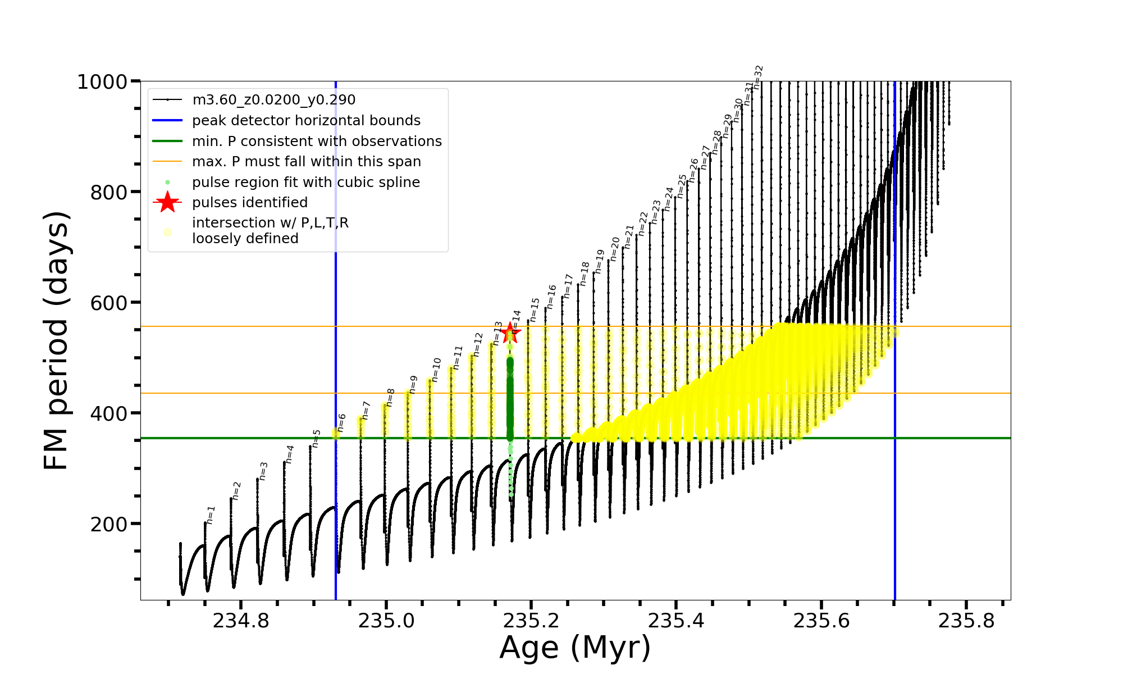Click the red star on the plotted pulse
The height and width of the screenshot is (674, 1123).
click(510, 333)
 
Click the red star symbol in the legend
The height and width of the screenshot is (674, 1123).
click(167, 202)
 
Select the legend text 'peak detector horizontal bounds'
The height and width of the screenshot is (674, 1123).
click(306, 121)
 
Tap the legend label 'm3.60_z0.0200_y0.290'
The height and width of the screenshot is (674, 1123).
click(273, 100)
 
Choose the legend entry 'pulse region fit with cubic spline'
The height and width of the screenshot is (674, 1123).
click(306, 183)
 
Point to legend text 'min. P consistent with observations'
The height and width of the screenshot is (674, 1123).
click(317, 142)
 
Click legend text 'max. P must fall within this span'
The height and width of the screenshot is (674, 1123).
click(306, 162)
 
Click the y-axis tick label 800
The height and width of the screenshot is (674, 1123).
click(109, 192)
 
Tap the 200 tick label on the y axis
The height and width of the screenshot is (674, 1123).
click(109, 524)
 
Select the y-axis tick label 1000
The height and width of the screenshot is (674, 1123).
click(103, 82)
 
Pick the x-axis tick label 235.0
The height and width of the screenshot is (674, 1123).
click(386, 621)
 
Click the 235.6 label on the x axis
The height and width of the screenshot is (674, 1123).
click(821, 621)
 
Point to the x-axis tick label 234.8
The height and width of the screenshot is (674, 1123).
click(241, 621)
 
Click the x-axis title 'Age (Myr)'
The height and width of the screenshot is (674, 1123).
click(575, 648)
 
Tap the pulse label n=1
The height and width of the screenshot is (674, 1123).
click(211, 514)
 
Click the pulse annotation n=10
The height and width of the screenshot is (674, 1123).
click(436, 370)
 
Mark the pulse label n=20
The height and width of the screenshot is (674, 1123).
click(615, 249)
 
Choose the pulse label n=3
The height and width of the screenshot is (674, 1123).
click(263, 471)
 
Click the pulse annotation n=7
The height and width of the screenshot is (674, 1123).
click(366, 411)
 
